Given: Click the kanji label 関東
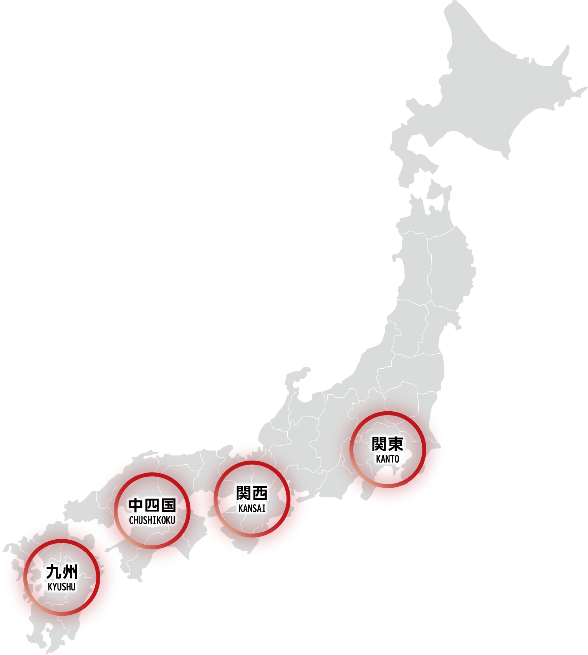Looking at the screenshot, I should [387, 444].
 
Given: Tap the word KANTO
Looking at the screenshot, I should [388, 459].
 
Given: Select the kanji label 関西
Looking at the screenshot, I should [252, 493].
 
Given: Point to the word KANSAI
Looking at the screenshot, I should [252, 508].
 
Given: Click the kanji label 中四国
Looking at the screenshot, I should [152, 505].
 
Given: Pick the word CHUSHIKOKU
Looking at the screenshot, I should [152, 520].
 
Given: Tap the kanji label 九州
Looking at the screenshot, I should [62, 572].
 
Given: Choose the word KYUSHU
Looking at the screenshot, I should [62, 587].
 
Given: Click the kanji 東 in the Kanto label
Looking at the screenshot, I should [395, 444].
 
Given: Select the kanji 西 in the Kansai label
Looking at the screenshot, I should [260, 493].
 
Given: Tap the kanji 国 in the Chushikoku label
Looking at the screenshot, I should [168, 505].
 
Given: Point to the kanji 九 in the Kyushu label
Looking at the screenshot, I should [54, 572].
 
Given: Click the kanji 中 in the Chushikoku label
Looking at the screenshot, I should [136, 505].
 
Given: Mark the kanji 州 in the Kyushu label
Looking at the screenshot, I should [70, 572].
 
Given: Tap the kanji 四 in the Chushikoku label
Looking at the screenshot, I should [152, 505].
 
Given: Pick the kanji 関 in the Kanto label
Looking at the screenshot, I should [379, 444].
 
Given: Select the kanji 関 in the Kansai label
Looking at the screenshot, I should [243, 493].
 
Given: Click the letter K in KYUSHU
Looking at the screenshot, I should [50, 587].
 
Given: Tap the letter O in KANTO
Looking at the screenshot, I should [396, 459].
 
